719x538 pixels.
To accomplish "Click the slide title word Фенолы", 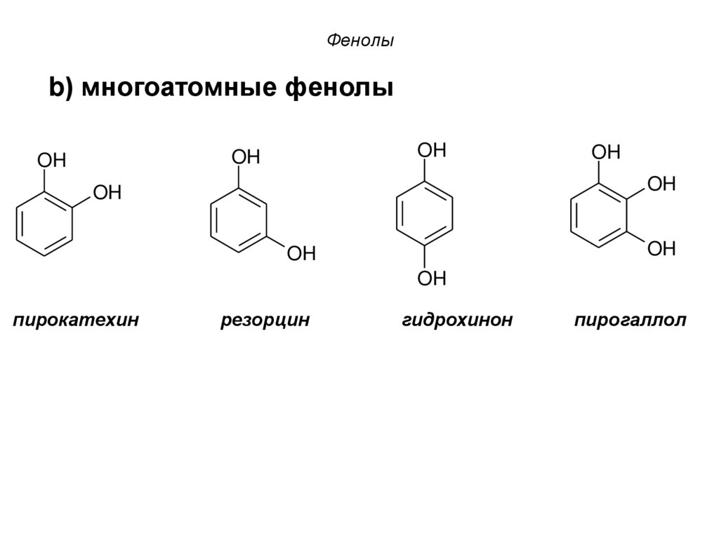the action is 360,41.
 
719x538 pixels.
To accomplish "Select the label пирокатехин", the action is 76,321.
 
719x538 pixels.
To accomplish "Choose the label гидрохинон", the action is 457,321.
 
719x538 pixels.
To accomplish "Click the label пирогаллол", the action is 630,321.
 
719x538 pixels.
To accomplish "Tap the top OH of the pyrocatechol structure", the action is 51,161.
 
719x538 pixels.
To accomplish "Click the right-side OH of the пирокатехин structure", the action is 107,191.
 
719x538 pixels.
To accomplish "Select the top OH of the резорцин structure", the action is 246,157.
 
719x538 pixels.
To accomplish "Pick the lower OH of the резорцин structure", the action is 301,253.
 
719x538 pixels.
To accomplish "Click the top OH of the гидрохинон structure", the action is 431,149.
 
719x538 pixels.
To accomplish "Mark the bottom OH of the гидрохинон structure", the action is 431,279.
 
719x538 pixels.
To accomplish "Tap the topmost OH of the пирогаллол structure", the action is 605,152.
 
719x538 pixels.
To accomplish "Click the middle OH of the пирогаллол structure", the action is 661,184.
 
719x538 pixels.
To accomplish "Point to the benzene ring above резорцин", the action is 239,220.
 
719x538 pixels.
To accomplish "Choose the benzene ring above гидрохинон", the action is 424,214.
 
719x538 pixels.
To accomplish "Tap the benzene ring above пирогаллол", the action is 598,215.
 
